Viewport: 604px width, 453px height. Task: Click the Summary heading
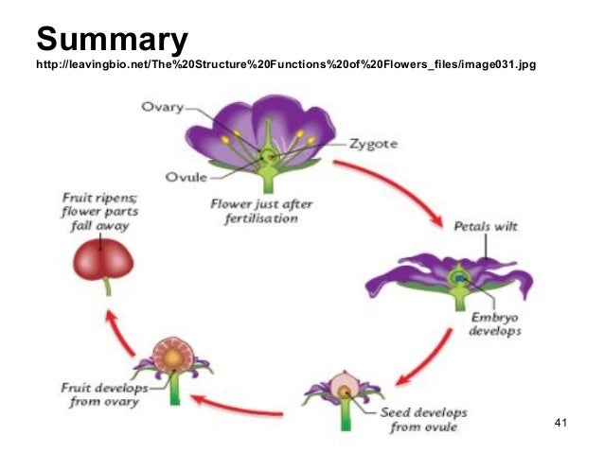pyautogui.click(x=113, y=39)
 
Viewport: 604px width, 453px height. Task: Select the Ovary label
pyautogui.click(x=162, y=107)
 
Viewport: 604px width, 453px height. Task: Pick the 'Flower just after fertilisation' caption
pyautogui.click(x=255, y=210)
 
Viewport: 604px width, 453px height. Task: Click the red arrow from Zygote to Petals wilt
pyautogui.click(x=397, y=189)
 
